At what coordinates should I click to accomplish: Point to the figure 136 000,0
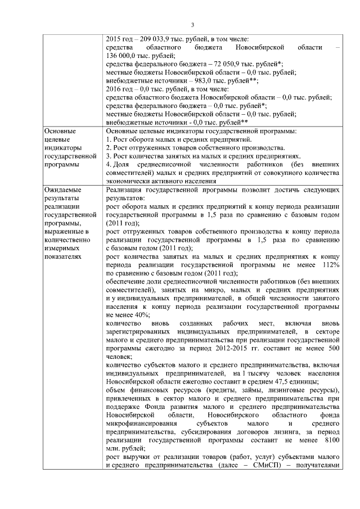[121, 56]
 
